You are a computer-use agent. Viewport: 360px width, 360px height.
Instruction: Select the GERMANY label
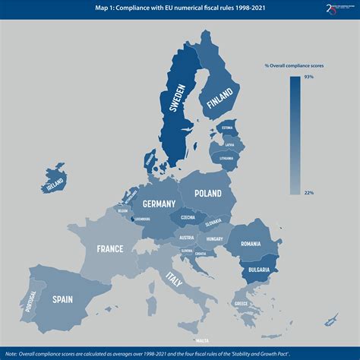[159, 204]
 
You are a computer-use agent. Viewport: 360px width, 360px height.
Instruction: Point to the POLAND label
[207, 194]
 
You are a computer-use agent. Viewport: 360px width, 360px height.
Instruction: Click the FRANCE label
[110, 248]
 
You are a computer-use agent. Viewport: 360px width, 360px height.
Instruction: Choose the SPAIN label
[62, 299]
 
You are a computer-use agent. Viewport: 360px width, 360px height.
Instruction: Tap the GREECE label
[241, 304]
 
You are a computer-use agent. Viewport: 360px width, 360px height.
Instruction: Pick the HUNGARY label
[213, 238]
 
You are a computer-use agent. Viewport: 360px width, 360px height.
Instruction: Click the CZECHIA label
[188, 218]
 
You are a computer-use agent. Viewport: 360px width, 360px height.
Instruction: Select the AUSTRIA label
[186, 237]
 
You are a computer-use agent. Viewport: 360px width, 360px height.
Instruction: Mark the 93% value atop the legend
[308, 77]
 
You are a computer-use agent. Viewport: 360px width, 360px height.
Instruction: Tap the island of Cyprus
[331, 315]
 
